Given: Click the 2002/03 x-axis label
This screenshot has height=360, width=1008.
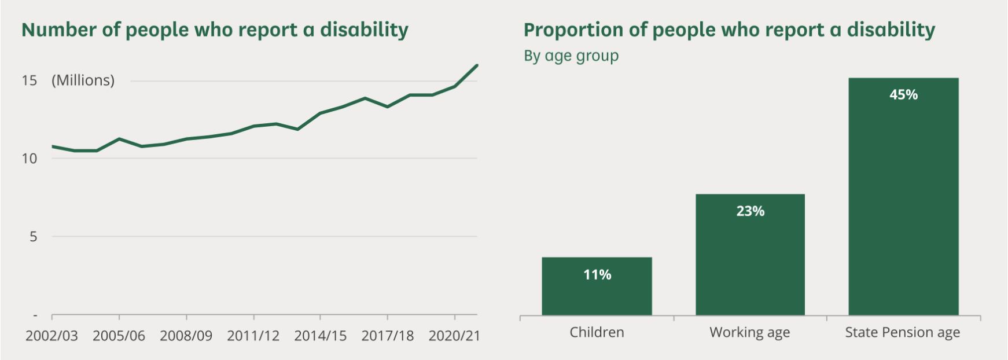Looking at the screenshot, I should (x=51, y=336).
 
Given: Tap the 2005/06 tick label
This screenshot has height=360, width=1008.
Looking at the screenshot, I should (x=119, y=336).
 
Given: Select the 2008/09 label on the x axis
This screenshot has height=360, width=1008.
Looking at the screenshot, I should (x=186, y=336).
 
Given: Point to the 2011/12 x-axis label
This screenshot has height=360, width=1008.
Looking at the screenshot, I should (x=253, y=336).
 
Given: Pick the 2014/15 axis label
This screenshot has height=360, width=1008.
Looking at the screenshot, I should (x=320, y=336).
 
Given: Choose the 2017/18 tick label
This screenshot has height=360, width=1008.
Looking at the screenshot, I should (x=387, y=336).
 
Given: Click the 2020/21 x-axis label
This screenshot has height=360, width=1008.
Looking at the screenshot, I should (x=454, y=336).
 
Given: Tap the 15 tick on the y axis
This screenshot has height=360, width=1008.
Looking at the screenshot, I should (x=30, y=80).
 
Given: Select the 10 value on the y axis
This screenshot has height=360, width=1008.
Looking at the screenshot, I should (x=30, y=159).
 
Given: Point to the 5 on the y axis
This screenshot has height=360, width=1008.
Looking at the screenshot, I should (x=34, y=236).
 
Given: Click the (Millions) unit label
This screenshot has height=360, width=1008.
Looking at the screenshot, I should (x=83, y=80).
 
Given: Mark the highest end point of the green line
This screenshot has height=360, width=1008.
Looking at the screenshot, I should (x=477, y=65).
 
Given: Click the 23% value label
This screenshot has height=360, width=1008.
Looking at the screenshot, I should (x=750, y=211).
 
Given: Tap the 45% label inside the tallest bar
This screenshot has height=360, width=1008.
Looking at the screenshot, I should (x=903, y=95).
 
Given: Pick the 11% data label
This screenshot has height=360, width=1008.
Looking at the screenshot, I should (x=597, y=275).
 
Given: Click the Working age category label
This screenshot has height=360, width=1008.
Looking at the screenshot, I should (x=749, y=333).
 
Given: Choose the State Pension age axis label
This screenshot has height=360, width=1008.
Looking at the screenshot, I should (x=902, y=333).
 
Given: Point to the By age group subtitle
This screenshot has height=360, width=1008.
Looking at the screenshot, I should (x=571, y=56).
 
